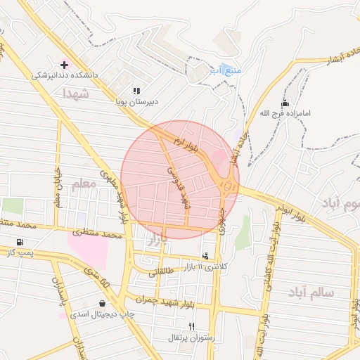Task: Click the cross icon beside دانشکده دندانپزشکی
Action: click(x=64, y=64)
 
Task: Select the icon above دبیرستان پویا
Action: click(x=136, y=91)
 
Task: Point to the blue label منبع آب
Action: click(x=226, y=70)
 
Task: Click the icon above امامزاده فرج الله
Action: click(x=284, y=103)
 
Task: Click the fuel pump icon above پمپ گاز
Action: click(x=18, y=242)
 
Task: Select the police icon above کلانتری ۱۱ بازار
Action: click(x=205, y=256)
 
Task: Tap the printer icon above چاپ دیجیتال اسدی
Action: click(x=103, y=304)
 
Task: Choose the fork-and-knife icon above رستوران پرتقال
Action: click(x=192, y=327)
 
